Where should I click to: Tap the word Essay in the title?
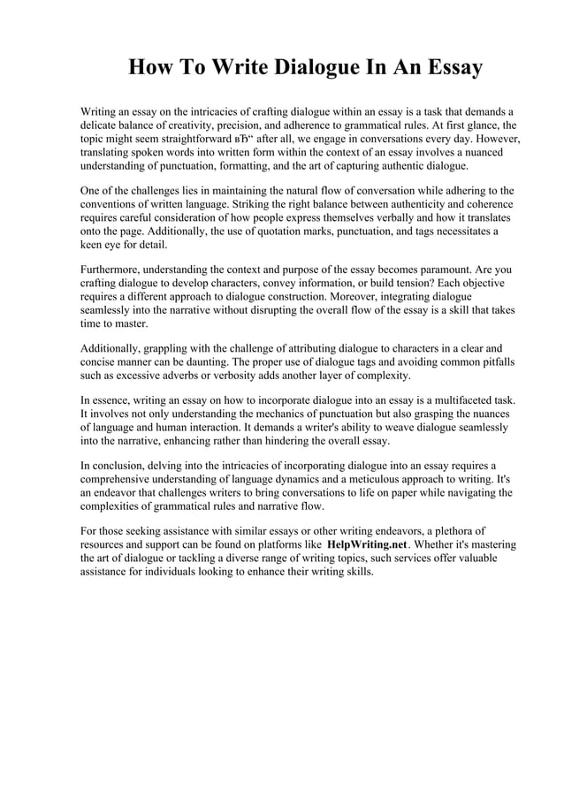(x=449, y=68)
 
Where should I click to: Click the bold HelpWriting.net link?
(x=367, y=544)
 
